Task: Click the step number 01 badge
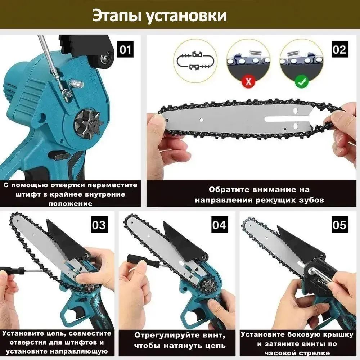[125, 49]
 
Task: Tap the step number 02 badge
[340, 49]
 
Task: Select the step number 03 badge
[99, 225]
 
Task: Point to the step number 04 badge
[220, 225]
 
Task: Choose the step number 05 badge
[340, 225]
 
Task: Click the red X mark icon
[248, 81]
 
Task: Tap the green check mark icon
[301, 81]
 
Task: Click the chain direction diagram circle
[195, 61]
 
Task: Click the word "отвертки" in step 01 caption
[68, 185]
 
